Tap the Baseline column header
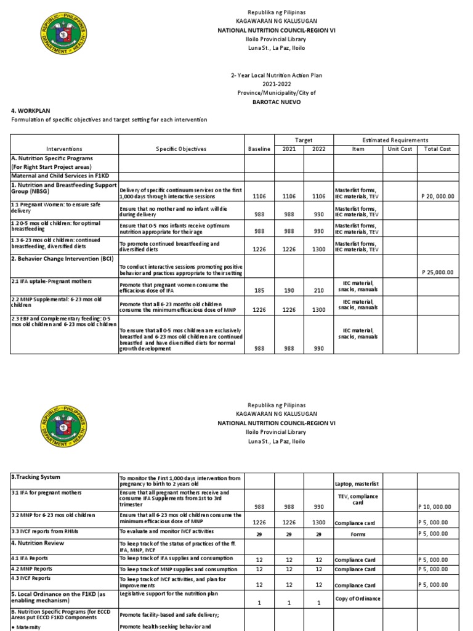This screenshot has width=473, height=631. tap(259, 149)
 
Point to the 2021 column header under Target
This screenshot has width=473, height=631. tap(289, 149)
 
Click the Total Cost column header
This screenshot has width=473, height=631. tap(437, 149)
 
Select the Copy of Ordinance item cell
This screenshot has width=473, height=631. tap(357, 598)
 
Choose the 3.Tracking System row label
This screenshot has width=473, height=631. tap(35, 477)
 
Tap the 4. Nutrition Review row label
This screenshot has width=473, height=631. tap(38, 543)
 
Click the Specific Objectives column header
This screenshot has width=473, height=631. tap(181, 149)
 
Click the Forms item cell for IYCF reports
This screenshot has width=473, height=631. tap(358, 534)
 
